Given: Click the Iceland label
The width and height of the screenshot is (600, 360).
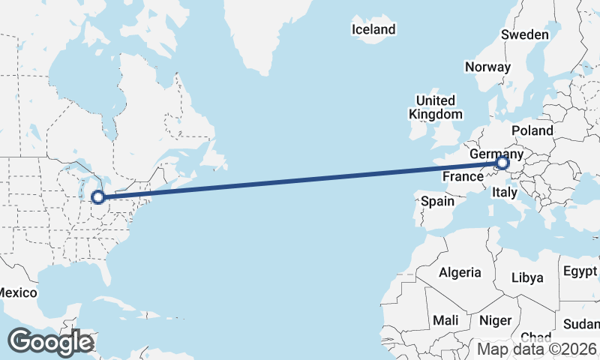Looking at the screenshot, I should click(x=373, y=30).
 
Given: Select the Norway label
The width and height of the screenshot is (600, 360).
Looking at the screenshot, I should click(x=487, y=67).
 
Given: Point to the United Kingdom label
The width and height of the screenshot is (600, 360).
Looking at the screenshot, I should click(x=435, y=107).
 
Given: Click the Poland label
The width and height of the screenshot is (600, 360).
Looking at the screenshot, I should click(x=533, y=130).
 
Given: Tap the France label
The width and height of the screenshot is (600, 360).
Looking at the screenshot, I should click(x=462, y=177).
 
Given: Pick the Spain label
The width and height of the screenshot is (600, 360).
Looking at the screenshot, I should click(x=437, y=201).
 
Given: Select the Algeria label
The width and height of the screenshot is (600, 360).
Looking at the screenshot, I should click(x=460, y=272).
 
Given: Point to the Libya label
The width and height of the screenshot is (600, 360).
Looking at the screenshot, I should click(x=527, y=277).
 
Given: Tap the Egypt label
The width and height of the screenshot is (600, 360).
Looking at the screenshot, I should click(x=580, y=271).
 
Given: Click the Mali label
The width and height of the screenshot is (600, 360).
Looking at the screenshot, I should click(x=445, y=320).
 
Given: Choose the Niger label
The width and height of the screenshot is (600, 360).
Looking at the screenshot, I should click(x=495, y=320).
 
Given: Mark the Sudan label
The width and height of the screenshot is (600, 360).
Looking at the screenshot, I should click(x=582, y=324).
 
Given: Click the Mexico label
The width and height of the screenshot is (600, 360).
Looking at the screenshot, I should click(x=14, y=292).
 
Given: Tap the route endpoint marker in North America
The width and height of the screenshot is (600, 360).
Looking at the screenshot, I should click(x=97, y=197).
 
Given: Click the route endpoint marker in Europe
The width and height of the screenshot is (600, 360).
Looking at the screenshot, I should click(x=502, y=162).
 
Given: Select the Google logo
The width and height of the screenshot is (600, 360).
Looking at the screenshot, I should click(x=50, y=342).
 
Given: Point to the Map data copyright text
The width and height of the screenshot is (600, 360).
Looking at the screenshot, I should click(x=537, y=349).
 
